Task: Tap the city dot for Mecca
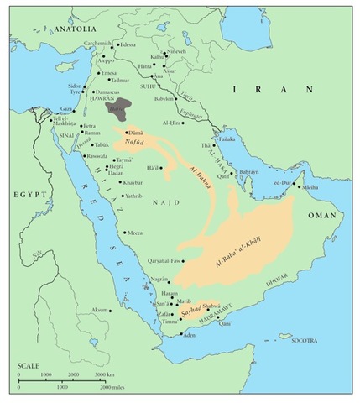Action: (x=125, y=233)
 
